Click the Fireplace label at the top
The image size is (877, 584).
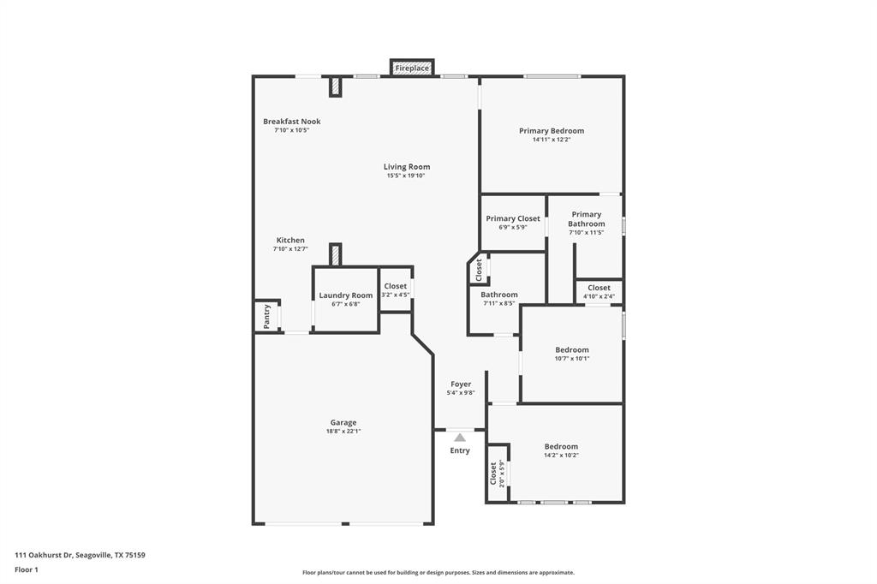coord(412,68)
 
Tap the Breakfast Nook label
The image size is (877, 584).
coord(291,122)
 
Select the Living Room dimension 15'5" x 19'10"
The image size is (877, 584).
coord(405,176)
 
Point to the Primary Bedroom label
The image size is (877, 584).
coord(551,131)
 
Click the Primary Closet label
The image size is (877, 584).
coord(513,218)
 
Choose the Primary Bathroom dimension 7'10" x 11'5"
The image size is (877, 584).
coord(586,233)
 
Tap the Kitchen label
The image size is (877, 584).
coord(290,241)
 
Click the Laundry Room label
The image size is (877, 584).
coord(346,295)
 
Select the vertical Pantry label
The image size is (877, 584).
coord(267,317)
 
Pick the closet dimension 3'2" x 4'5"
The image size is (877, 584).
coord(396,295)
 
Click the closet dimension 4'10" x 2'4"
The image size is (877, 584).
coord(599,296)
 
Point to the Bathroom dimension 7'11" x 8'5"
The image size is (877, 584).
coord(498,303)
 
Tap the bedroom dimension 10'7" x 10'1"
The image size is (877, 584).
coord(571,358)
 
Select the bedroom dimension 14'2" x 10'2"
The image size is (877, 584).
coord(561,456)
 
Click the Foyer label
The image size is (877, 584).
coord(461,384)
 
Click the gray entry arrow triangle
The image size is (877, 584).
coord(460,438)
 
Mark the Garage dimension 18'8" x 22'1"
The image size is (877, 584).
coord(343,432)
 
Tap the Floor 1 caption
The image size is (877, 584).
coord(27,569)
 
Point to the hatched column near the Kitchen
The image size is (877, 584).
coord(336,254)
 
